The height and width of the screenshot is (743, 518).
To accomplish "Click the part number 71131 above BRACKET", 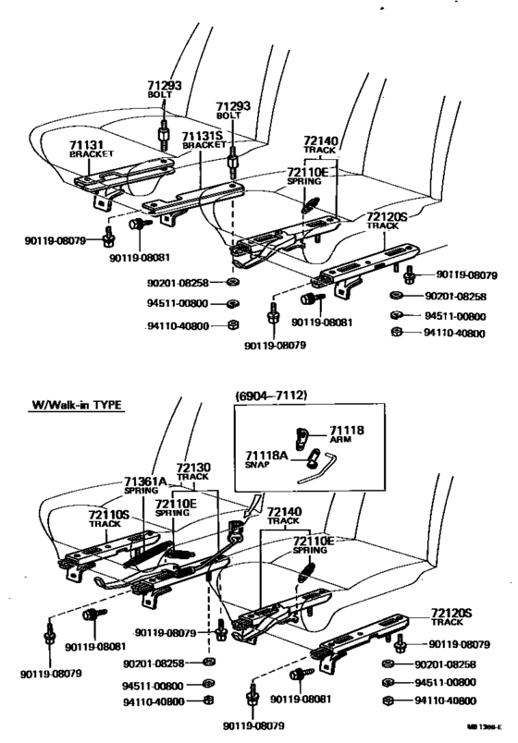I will coord(89,144).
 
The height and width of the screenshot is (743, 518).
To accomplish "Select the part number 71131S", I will coord(203,136).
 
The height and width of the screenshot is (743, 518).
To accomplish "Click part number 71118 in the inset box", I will coord(348,431).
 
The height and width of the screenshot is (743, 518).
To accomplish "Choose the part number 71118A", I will coord(267,456).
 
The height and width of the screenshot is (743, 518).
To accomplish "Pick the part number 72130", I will coord(195,468).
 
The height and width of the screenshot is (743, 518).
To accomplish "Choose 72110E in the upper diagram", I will coord(308,172).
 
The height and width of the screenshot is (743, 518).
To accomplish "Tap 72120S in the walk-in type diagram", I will coord(452,612).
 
